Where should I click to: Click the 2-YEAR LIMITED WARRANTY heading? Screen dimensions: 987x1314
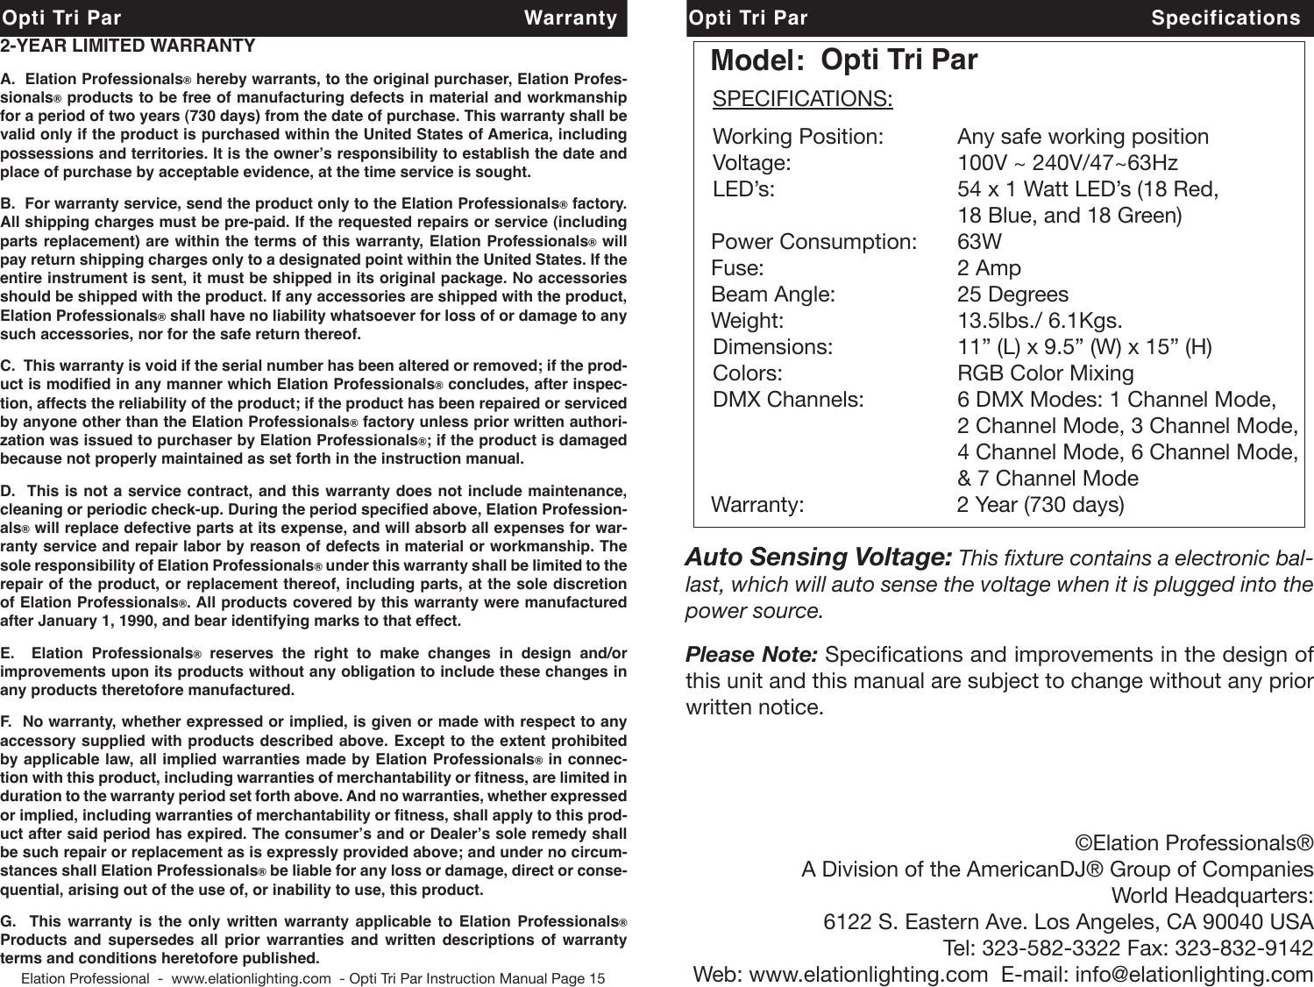pyautogui.click(x=128, y=46)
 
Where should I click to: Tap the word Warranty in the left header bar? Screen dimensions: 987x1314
pyautogui.click(x=570, y=18)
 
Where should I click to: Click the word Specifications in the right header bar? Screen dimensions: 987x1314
pyautogui.click(x=1225, y=18)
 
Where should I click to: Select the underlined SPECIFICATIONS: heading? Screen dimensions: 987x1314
pyautogui.click(x=803, y=98)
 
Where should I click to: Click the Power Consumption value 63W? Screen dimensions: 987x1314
pyautogui.click(x=979, y=242)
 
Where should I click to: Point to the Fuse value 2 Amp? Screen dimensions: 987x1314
pyautogui.click(x=989, y=268)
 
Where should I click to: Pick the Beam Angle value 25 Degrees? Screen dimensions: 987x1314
pyautogui.click(x=1012, y=295)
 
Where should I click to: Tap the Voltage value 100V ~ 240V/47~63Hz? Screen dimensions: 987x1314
pyautogui.click(x=1068, y=163)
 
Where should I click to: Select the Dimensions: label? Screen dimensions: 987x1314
pyautogui.click(x=772, y=347)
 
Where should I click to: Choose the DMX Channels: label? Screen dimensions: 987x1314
pyautogui.click(x=788, y=400)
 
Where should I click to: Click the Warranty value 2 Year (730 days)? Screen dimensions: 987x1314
pyautogui.click(x=1040, y=505)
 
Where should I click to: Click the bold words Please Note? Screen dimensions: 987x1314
pyautogui.click(x=751, y=655)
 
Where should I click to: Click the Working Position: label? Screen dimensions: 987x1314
pyautogui.click(x=798, y=137)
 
